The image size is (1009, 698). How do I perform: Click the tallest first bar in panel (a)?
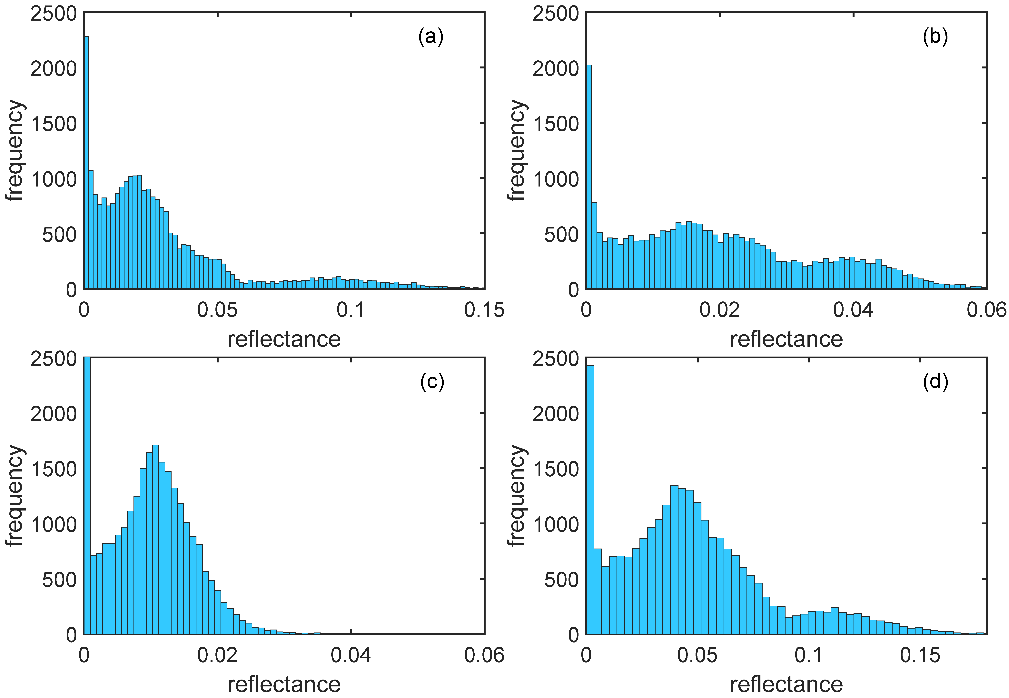(x=87, y=162)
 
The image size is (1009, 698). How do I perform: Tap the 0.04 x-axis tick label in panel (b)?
(x=853, y=310)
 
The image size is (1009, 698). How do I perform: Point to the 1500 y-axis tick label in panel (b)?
(x=555, y=124)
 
